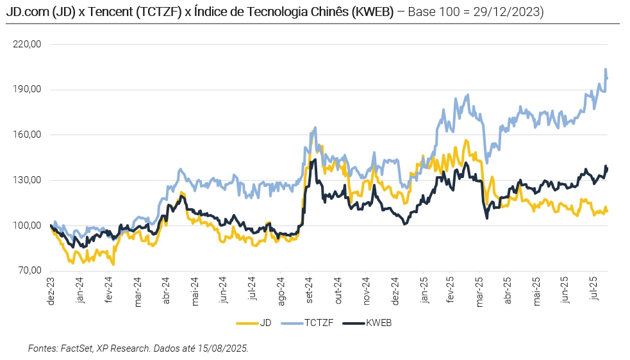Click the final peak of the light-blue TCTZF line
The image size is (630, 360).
point(606,69)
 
